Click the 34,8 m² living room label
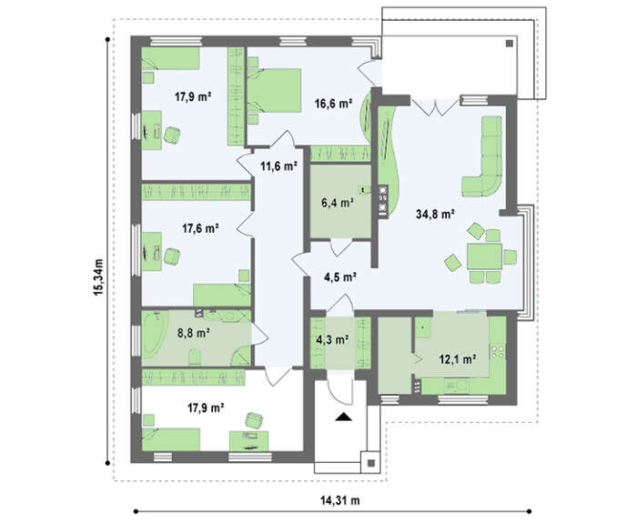click(x=435, y=214)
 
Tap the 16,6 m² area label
click(x=333, y=104)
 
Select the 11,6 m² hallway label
click(x=278, y=166)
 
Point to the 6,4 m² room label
click(x=338, y=202)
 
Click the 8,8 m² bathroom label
click(x=193, y=334)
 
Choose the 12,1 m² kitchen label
click(x=458, y=359)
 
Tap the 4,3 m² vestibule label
click(x=332, y=339)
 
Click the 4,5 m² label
click(x=340, y=277)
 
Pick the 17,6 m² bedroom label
click(x=200, y=228)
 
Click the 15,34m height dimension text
click(x=98, y=277)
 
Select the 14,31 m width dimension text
click(x=340, y=500)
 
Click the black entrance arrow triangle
click(x=343, y=417)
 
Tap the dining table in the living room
click(x=484, y=256)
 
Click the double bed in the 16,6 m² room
click(x=274, y=91)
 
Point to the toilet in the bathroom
click(x=195, y=357)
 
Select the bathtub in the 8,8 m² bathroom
click(x=153, y=334)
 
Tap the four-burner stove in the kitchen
click(x=498, y=351)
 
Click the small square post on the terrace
click(x=510, y=44)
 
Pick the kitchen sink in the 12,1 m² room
click(x=423, y=327)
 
